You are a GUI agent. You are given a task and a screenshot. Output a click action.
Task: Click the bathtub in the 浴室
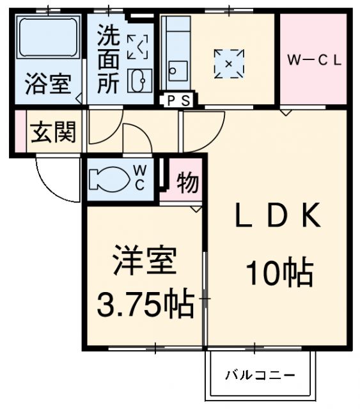48,37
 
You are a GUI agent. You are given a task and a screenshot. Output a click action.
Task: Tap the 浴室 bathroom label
48,84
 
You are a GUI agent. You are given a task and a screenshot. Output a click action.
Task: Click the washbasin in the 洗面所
139,81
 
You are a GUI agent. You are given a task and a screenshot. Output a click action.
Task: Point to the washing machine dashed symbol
137,47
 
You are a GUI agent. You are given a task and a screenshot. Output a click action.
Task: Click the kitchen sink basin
178,71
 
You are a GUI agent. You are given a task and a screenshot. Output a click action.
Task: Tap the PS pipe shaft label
178,100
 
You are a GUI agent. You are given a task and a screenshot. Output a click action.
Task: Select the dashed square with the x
229,64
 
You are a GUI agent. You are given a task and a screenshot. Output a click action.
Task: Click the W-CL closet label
315,60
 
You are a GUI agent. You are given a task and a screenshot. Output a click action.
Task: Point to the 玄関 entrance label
53,132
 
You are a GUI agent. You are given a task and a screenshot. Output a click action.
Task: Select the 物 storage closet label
188,182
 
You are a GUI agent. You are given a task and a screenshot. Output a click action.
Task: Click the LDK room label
278,215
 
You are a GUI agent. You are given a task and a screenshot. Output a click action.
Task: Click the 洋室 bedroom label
145,259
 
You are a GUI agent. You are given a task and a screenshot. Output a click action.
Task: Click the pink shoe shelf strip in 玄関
20,131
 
